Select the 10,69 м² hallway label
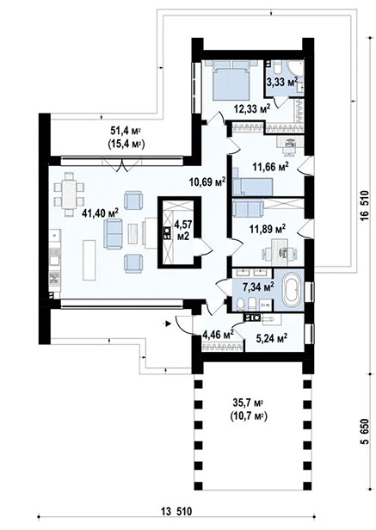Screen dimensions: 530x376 pos(206,182)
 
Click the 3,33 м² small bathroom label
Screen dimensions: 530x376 pos(281,83)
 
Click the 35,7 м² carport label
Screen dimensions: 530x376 pos(248,407)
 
